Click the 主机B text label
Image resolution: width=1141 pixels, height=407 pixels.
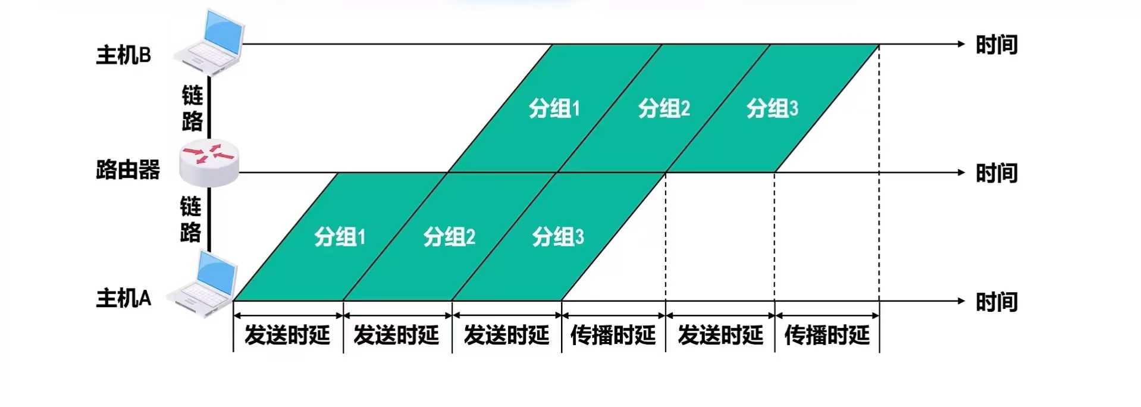[x=124, y=55]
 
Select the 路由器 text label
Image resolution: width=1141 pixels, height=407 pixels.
[x=128, y=170]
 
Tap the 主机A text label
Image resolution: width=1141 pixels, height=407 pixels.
[x=124, y=298]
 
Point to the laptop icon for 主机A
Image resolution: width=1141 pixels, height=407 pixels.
[x=202, y=283]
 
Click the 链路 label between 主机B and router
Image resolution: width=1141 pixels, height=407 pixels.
[x=193, y=108]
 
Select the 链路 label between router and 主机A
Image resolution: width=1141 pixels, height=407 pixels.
[x=191, y=219]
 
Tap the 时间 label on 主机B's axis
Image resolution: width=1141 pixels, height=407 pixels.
[x=996, y=45]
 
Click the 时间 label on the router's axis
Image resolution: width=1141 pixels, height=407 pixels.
[x=996, y=174]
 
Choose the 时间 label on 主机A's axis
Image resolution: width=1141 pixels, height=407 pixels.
[x=996, y=302]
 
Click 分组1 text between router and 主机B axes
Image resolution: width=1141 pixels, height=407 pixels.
[x=554, y=108]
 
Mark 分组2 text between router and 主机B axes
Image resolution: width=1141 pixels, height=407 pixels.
[x=664, y=108]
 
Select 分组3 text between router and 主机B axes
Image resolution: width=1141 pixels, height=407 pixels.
[x=772, y=108]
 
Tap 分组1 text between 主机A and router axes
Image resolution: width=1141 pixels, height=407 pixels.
[x=340, y=237]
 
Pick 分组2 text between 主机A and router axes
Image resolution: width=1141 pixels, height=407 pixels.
[x=449, y=237]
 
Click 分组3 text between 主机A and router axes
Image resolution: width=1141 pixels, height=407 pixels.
[x=558, y=237]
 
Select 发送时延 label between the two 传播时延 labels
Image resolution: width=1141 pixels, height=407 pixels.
[x=720, y=335]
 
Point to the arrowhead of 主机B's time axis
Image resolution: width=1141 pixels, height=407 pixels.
[x=960, y=43]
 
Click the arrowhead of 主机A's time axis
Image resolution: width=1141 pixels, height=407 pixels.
[x=960, y=300]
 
